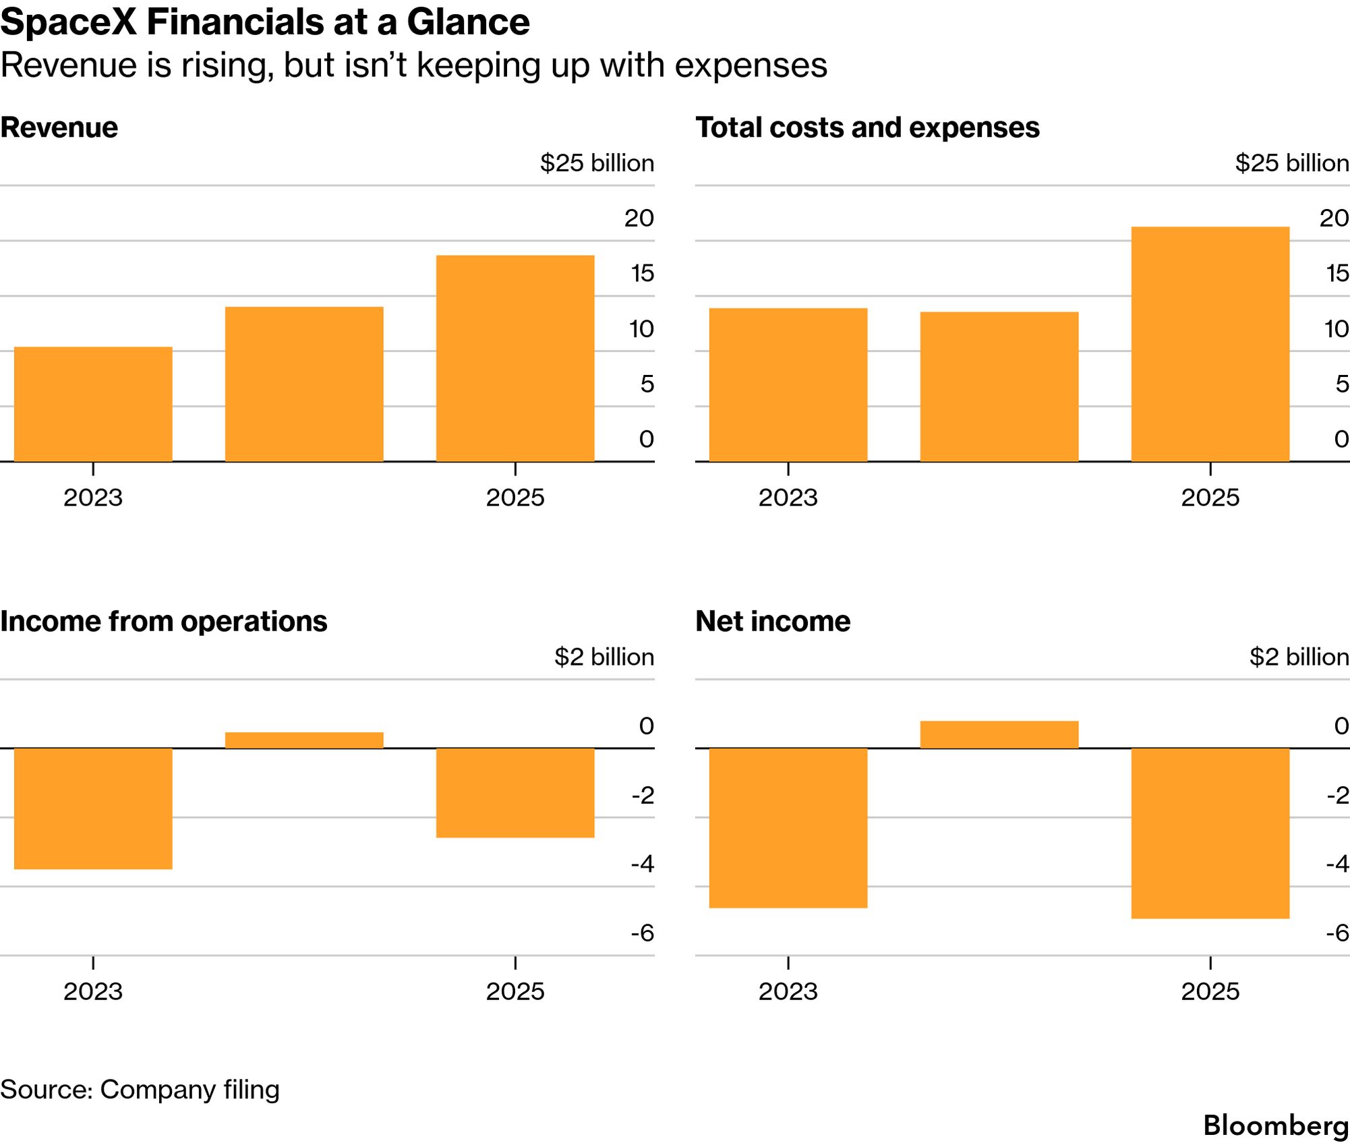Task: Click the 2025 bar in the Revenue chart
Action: (x=515, y=358)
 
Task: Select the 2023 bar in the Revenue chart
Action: (x=93, y=404)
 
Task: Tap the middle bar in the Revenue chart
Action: (x=304, y=384)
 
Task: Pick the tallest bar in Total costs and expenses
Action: (x=1210, y=344)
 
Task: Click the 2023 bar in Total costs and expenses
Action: (x=788, y=385)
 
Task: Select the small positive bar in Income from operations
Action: (x=304, y=740)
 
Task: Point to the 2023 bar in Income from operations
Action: (x=93, y=809)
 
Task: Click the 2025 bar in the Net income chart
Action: (x=1210, y=833)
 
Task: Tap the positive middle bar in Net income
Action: (x=999, y=735)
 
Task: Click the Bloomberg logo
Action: (x=1276, y=1125)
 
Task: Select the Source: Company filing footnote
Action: (x=140, y=1090)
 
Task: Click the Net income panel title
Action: (x=773, y=621)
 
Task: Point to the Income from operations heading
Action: (x=164, y=621)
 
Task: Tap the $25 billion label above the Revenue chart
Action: (x=597, y=163)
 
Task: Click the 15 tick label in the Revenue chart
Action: (x=643, y=273)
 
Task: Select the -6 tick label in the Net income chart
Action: (x=1338, y=933)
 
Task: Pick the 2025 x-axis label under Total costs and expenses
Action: (x=1210, y=498)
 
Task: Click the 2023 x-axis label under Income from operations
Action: (x=93, y=991)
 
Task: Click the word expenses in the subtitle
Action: (x=751, y=66)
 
